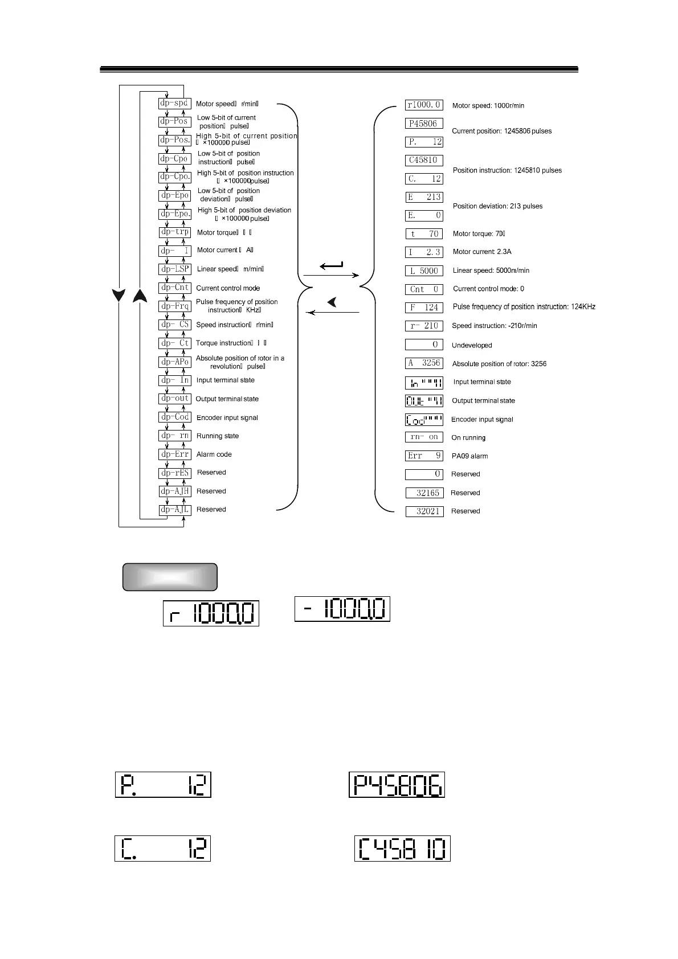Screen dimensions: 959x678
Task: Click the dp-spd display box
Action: click(174, 104)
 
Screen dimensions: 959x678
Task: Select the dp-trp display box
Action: click(174, 232)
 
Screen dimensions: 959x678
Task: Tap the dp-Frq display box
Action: click(174, 306)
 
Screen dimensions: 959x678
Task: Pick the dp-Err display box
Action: click(174, 454)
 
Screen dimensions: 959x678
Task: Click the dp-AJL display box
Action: click(174, 510)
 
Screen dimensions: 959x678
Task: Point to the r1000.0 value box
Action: click(424, 105)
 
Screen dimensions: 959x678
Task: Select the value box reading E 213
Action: click(424, 197)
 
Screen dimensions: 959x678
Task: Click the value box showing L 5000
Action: click(424, 271)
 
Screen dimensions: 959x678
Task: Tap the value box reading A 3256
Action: click(424, 363)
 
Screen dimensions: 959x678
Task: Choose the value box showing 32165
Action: click(424, 493)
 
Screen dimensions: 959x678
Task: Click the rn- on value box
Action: click(424, 437)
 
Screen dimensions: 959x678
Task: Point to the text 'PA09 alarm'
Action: click(469, 456)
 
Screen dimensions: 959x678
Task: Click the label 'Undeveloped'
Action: click(472, 346)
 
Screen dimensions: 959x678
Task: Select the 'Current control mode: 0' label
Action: click(488, 289)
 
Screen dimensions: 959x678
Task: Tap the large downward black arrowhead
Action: click(119, 296)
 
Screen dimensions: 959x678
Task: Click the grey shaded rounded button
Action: click(170, 577)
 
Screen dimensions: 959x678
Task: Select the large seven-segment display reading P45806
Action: click(397, 785)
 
